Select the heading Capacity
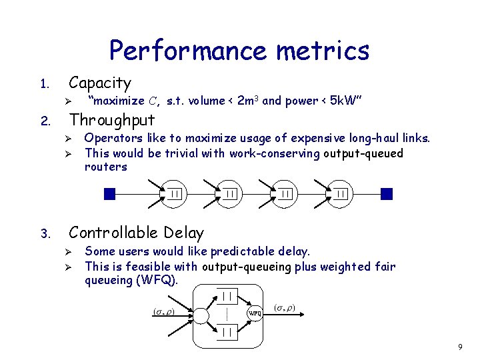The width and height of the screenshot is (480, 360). (x=100, y=83)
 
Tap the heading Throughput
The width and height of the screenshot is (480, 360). (x=112, y=120)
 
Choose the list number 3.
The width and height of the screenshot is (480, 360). (x=43, y=234)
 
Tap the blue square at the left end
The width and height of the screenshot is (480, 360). (x=110, y=193)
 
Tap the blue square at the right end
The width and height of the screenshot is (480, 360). (x=387, y=193)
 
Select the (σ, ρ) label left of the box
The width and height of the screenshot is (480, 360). (x=163, y=311)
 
